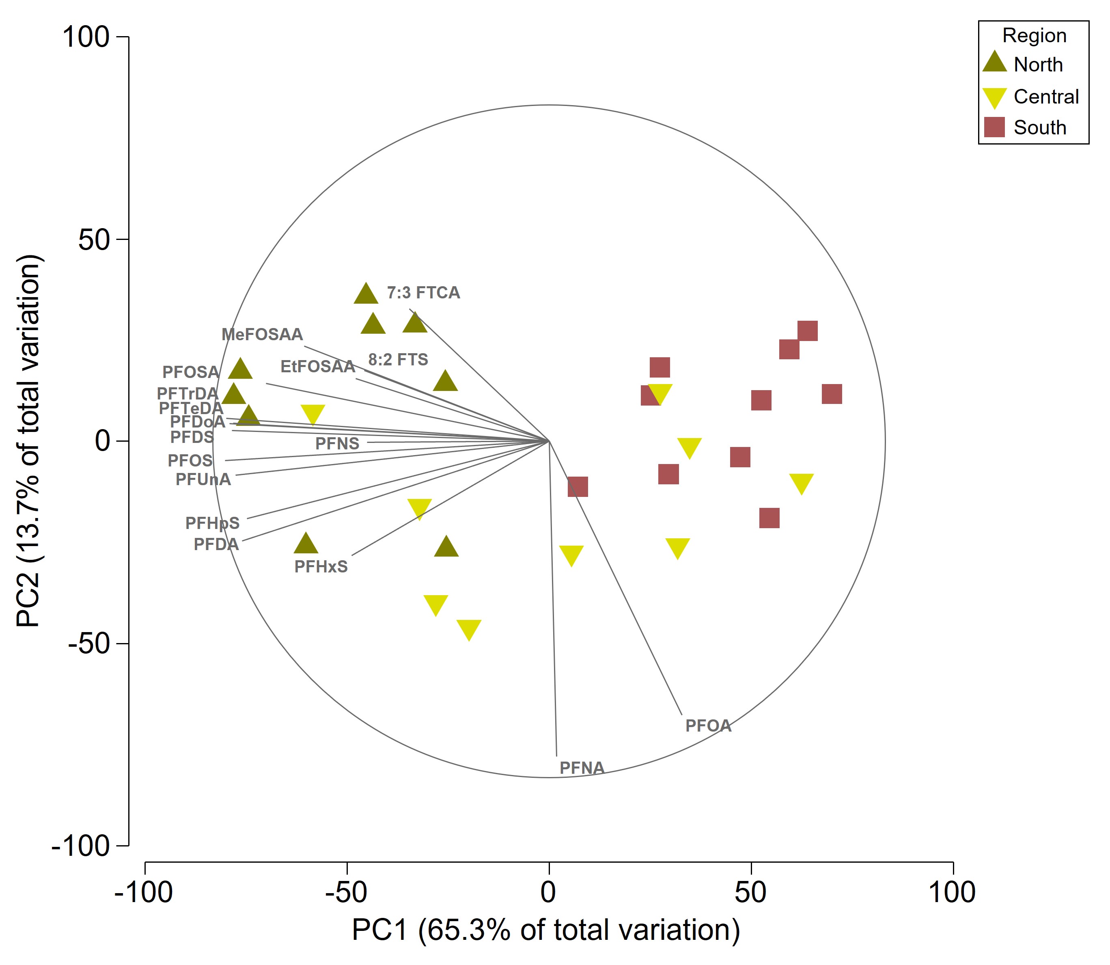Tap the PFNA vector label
[582, 768]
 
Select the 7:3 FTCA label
[423, 293]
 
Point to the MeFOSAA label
[262, 335]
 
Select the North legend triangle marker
[994, 63]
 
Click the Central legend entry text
[1046, 97]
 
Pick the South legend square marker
[994, 127]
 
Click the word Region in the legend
[1034, 36]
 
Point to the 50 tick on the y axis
[94, 240]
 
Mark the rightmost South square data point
[832, 394]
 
